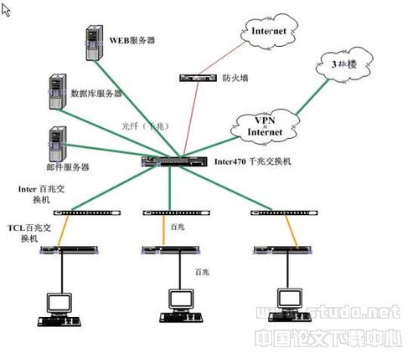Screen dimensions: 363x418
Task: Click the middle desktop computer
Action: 177,303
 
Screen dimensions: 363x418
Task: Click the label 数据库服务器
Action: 96,93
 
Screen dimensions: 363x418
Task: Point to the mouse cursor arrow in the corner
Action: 5,8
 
